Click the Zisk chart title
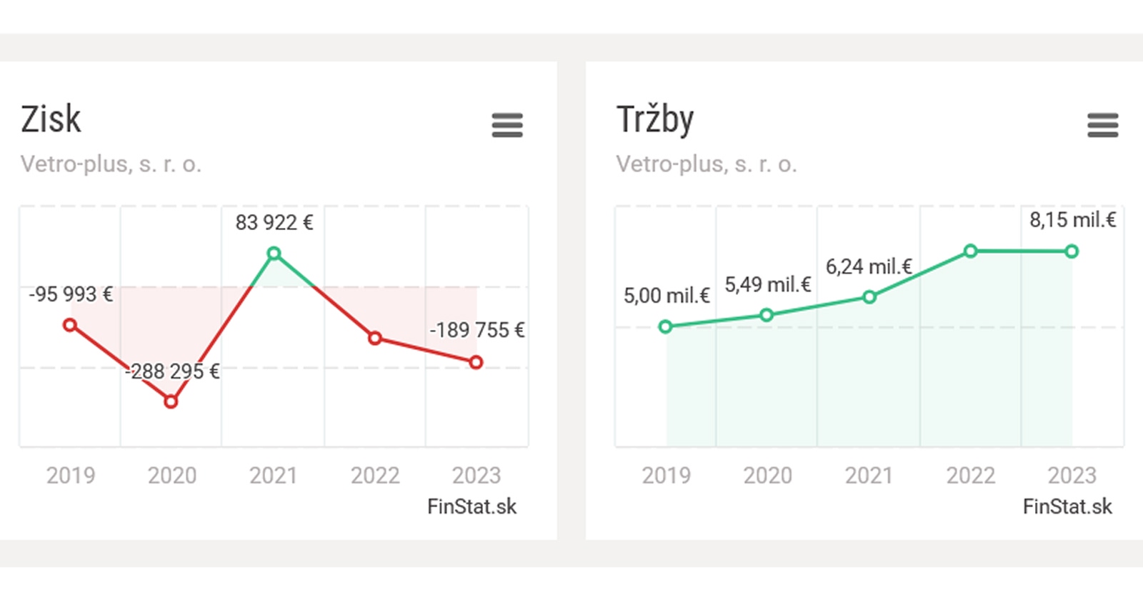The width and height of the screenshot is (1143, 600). [x=51, y=119]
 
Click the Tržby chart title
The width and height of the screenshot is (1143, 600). [x=654, y=120]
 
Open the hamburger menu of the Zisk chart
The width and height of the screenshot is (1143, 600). [x=507, y=125]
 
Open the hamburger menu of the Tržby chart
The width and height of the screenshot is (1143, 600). [x=1102, y=125]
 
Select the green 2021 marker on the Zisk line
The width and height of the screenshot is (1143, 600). [x=274, y=254]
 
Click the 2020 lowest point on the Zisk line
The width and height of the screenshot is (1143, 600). [x=171, y=401]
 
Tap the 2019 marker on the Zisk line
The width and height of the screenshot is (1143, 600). [x=69, y=325]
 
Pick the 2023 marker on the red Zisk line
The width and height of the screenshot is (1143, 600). [x=476, y=362]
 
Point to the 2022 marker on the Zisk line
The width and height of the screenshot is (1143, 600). [x=375, y=338]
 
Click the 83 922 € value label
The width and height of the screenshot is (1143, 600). [x=274, y=223]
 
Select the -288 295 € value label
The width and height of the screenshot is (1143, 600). [x=172, y=371]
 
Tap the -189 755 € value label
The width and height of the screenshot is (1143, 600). [x=476, y=330]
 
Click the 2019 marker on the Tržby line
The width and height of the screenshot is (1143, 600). [x=665, y=326]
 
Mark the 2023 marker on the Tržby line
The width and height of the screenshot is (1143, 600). [x=1072, y=251]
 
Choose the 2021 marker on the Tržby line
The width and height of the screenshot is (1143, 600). [x=869, y=297]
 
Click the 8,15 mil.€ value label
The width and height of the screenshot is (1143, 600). [x=1072, y=220]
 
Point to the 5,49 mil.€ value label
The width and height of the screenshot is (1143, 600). [x=768, y=285]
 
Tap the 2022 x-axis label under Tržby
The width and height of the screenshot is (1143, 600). [x=970, y=475]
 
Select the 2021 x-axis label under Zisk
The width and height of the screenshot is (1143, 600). [x=274, y=475]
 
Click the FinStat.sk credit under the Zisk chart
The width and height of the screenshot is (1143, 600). [x=471, y=506]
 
